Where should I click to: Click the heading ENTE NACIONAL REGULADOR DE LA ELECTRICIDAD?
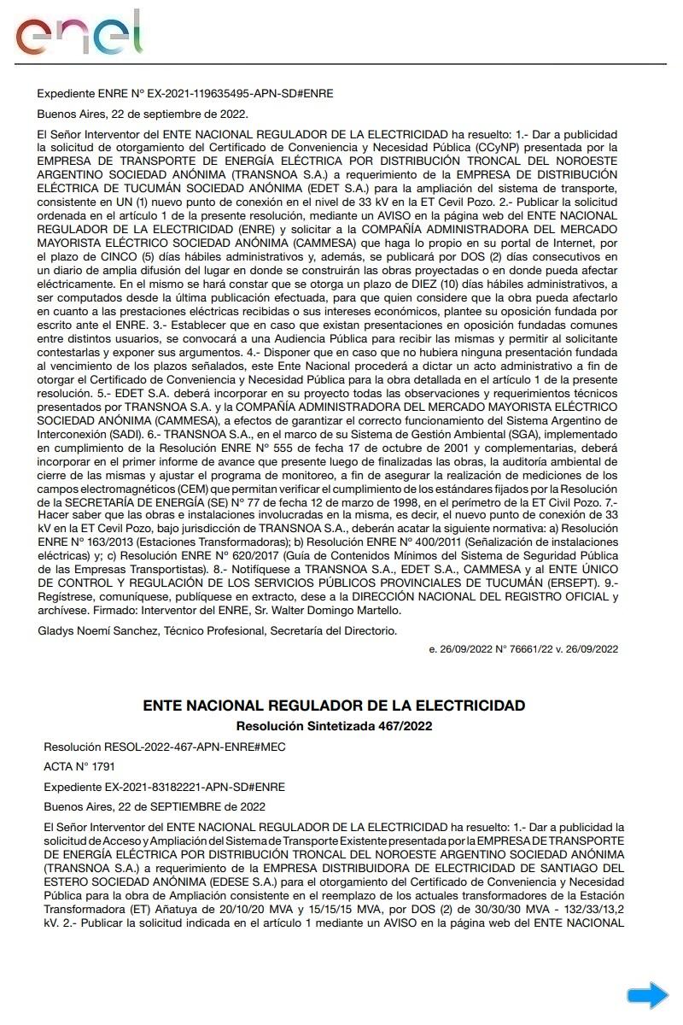point(334,706)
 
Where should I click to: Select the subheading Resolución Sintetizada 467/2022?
point(334,726)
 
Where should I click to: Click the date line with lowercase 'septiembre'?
point(143,114)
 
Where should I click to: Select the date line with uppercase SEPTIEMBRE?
point(155,806)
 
